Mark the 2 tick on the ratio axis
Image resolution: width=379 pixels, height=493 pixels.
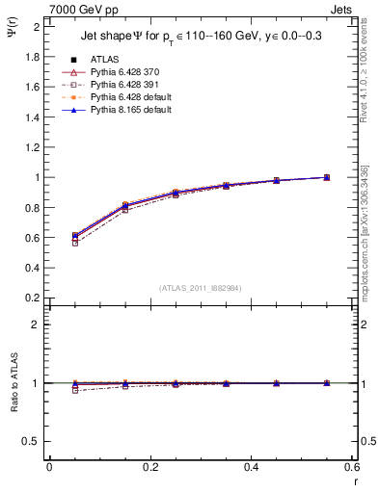click(x=37, y=324)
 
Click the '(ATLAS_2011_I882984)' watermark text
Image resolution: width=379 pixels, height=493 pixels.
click(x=202, y=287)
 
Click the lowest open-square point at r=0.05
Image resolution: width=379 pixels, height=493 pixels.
click(x=75, y=243)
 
